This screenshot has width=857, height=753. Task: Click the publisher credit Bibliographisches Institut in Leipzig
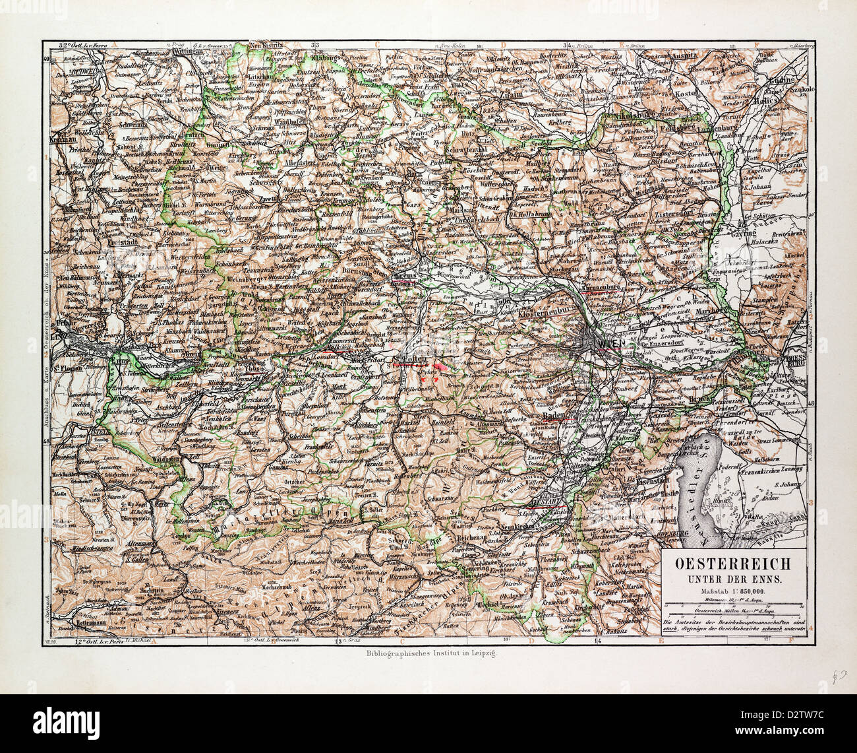click(429, 653)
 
